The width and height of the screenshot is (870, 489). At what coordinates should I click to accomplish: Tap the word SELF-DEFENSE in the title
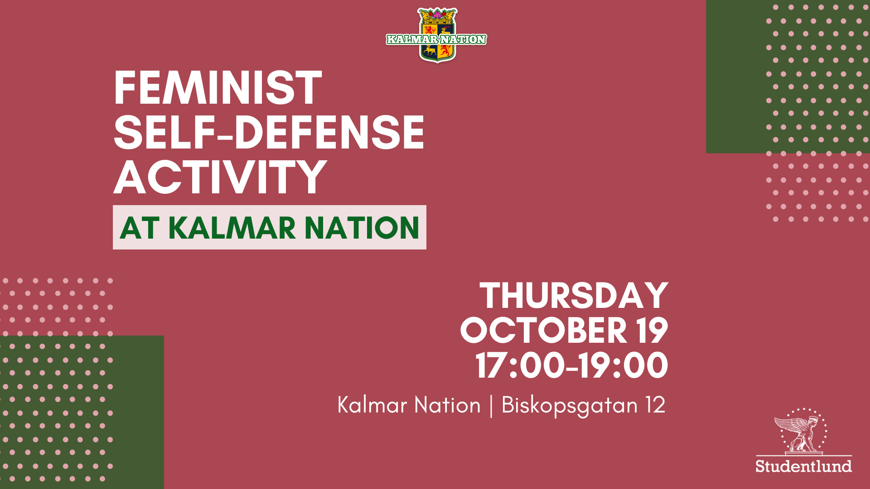click(269, 132)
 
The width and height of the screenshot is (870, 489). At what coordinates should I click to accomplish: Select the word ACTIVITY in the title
click(220, 177)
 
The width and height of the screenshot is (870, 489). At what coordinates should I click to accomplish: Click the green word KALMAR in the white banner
click(232, 227)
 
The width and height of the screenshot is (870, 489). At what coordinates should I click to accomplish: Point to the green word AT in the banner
click(140, 227)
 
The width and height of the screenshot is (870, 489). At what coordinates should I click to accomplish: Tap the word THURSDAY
click(574, 296)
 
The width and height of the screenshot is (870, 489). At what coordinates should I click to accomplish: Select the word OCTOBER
click(543, 330)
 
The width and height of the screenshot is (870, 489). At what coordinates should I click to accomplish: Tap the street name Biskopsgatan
click(570, 405)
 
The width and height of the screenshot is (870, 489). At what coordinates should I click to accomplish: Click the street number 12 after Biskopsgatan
click(656, 405)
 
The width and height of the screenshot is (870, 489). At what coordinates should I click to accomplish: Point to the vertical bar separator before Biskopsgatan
click(491, 405)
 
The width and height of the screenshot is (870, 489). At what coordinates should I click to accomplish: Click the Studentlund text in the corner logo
click(803, 466)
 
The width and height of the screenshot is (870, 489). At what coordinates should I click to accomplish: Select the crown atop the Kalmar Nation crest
click(437, 15)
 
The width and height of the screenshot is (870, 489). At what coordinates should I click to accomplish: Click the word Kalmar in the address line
click(372, 405)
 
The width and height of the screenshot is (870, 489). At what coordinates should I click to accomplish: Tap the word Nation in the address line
click(447, 405)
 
